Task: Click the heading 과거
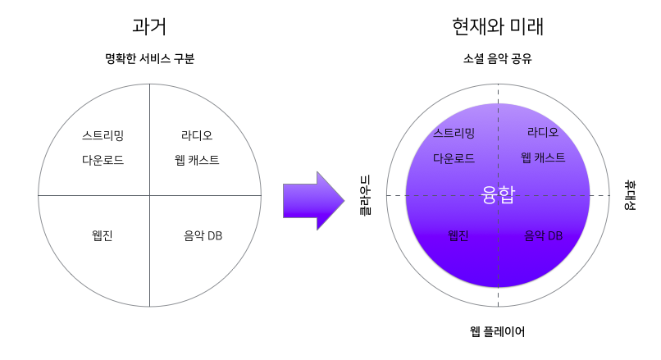148,26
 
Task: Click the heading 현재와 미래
498,26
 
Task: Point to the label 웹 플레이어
498,331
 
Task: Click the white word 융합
498,195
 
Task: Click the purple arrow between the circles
312,195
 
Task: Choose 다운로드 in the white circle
103,160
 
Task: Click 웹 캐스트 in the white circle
197,160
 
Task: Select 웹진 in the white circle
103,236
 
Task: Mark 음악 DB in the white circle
203,236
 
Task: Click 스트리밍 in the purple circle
454,133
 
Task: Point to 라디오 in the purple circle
543,131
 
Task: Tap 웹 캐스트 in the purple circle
543,157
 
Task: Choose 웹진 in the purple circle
458,235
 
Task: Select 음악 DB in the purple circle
544,235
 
